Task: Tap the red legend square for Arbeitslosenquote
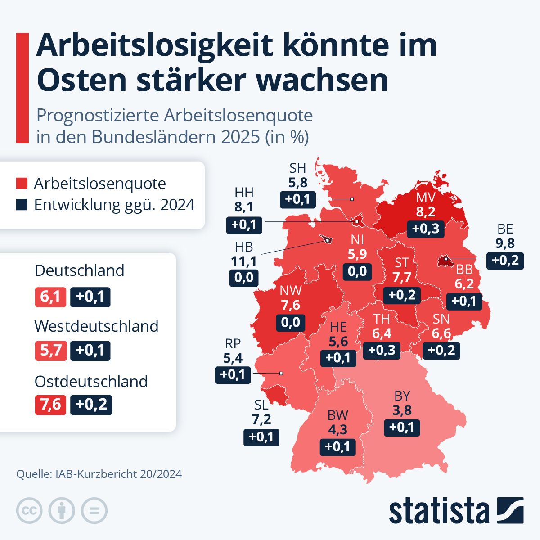22,184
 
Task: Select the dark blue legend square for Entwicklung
22,205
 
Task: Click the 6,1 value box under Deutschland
50,297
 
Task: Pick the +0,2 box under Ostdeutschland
91,405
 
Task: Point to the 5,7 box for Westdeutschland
51,351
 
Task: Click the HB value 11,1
243,261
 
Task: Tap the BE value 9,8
505,243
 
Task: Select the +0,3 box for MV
426,229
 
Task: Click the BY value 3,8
402,410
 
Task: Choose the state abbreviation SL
261,405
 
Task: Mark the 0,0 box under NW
290,322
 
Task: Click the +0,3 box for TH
382,350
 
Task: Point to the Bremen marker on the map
326,239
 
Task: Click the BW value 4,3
337,430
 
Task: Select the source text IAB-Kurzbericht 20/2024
118,474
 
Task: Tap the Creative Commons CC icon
29,511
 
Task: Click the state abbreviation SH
297,168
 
